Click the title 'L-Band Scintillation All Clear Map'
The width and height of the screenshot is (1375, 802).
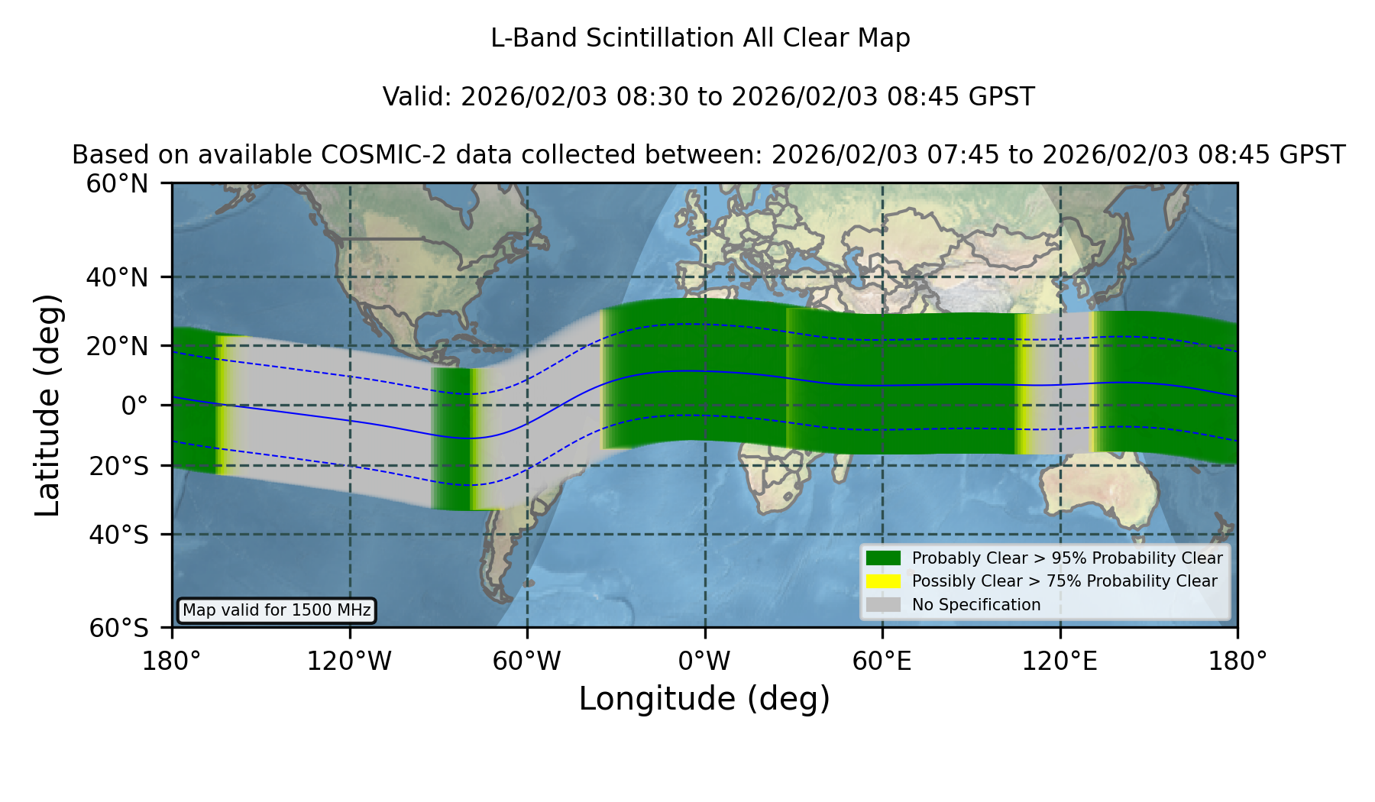pos(700,38)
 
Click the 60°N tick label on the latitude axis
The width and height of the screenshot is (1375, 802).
pos(118,184)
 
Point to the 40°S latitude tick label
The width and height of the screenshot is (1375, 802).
pos(119,535)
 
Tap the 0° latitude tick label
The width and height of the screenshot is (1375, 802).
pos(134,406)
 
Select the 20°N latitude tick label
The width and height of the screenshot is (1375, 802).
pos(118,347)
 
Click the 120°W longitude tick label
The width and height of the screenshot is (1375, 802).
pos(349,661)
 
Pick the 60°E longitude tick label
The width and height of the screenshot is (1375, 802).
pos(882,661)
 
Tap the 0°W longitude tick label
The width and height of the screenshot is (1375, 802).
pos(705,661)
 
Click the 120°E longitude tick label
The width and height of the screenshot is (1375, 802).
pos(1060,661)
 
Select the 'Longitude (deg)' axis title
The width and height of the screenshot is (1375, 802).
pos(704,699)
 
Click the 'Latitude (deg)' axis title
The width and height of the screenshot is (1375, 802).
pos(47,405)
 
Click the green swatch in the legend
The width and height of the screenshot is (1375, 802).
pos(883,558)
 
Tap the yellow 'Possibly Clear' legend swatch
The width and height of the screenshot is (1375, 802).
pos(883,581)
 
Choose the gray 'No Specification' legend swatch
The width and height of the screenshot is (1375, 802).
pos(883,605)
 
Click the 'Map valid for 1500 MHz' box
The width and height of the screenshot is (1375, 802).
pos(277,610)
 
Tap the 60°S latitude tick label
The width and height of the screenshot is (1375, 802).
pos(119,628)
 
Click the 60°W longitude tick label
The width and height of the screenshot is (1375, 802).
pos(527,661)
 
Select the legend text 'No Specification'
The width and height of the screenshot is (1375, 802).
pos(976,605)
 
